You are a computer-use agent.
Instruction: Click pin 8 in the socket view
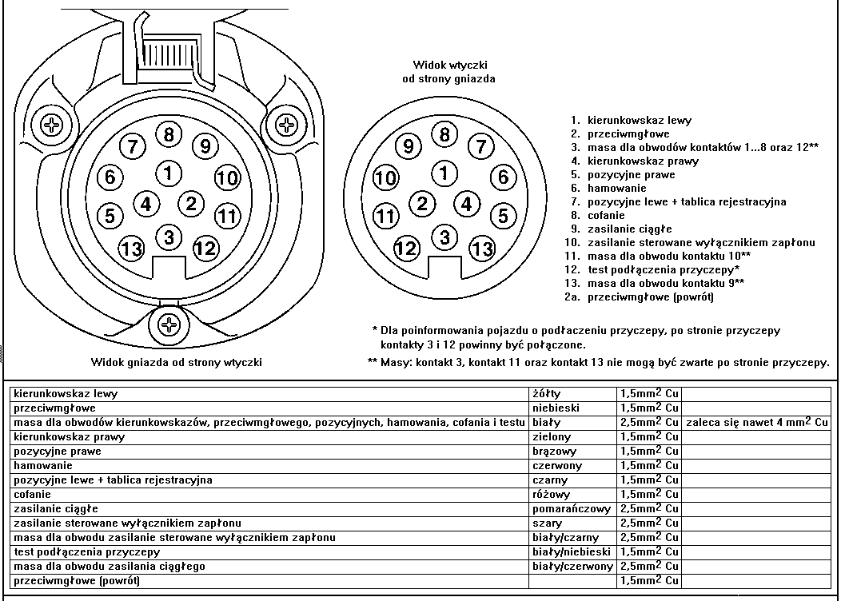pos(169,133)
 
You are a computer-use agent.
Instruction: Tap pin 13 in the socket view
pos(131,249)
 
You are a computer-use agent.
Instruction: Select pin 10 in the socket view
pos(228,177)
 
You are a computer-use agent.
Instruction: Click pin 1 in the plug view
pos(444,173)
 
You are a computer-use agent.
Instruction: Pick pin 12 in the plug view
pos(407,249)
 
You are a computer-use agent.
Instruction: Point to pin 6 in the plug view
pos(503,177)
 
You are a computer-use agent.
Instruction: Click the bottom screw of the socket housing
pos(169,324)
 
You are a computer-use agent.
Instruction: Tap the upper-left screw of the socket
pos(52,125)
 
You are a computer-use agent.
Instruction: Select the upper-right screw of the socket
pos(286,125)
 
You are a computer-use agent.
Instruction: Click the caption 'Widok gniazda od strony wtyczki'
pos(177,362)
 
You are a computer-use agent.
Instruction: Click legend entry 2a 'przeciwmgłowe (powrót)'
pos(639,297)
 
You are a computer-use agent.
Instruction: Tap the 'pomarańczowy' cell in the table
pos(572,509)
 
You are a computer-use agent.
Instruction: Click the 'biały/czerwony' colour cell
pos(572,566)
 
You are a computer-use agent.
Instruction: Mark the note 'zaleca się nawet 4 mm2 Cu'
pos(756,422)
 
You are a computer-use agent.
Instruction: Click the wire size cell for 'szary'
pos(649,523)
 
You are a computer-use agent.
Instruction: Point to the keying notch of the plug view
pos(444,267)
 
